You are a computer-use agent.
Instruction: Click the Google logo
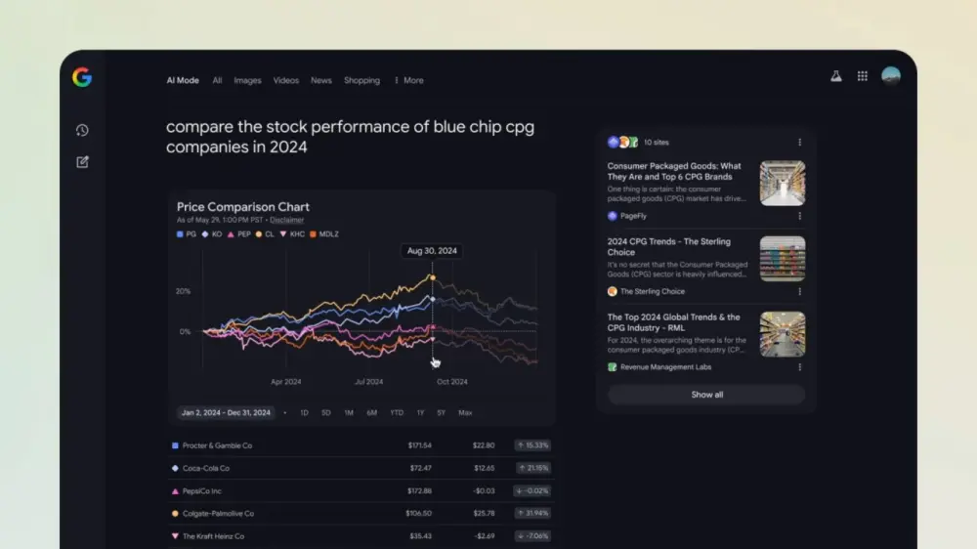click(x=82, y=78)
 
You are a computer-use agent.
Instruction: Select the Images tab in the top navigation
click(x=247, y=81)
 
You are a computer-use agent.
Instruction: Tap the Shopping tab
click(x=361, y=81)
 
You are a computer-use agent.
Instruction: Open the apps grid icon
click(x=863, y=76)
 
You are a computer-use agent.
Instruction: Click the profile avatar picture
click(x=891, y=76)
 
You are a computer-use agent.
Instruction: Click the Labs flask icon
click(x=836, y=76)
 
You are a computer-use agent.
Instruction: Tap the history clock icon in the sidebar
click(x=82, y=130)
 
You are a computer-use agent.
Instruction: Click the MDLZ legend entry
click(x=323, y=234)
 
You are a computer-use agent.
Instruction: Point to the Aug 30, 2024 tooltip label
click(x=432, y=251)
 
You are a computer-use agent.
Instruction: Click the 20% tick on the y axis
click(x=183, y=292)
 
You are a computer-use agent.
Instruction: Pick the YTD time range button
click(x=397, y=413)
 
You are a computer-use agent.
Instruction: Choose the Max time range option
click(x=465, y=413)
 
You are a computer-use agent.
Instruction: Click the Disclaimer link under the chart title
click(x=286, y=221)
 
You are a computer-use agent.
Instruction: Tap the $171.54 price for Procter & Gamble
click(x=419, y=445)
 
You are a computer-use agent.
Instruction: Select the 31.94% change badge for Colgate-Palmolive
click(x=533, y=513)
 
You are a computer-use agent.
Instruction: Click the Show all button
click(x=706, y=395)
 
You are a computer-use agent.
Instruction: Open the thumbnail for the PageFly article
click(x=783, y=183)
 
